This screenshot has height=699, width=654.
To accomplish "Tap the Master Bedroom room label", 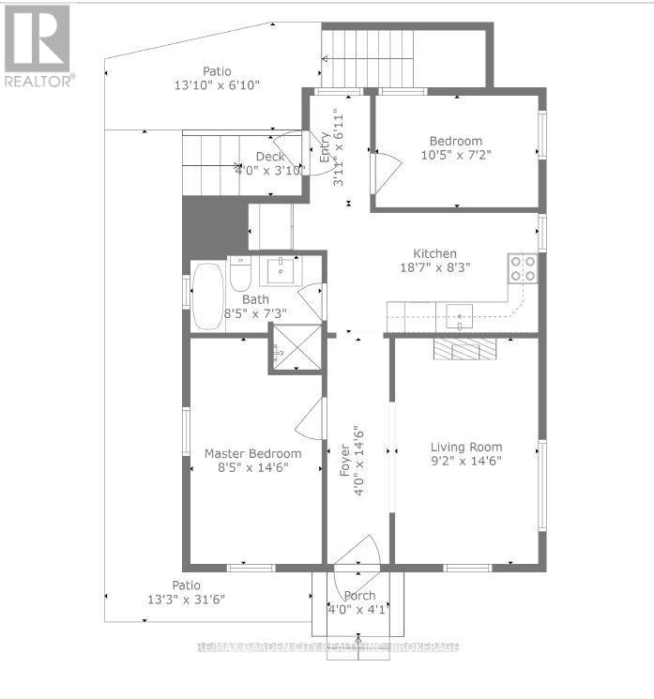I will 253,454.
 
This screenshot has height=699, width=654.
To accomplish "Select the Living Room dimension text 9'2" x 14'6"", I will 466,462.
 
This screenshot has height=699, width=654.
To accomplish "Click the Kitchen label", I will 435,253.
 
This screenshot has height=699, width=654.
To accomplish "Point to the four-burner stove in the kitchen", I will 523,268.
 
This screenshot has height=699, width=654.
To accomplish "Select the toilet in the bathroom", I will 240,275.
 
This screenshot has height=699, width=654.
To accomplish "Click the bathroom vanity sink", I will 279,270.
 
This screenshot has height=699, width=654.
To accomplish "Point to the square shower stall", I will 296,348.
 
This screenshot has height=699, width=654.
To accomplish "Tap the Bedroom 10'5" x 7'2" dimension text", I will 456,155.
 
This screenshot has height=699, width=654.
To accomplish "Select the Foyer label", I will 344,461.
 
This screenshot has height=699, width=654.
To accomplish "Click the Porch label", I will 359,595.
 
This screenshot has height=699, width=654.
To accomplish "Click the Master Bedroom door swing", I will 311,418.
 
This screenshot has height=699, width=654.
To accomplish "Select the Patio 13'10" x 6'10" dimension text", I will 217,84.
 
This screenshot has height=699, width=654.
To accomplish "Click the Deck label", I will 270,157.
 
